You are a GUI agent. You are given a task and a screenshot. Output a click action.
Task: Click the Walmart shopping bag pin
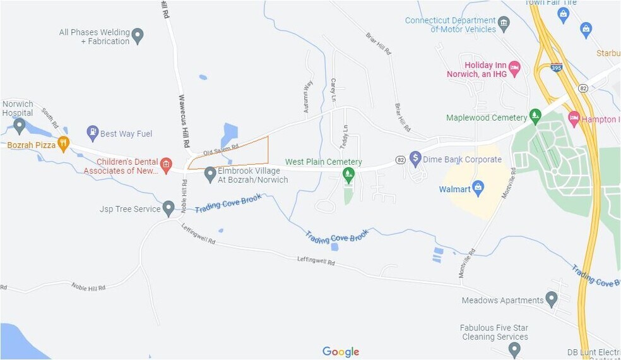pos(478,188)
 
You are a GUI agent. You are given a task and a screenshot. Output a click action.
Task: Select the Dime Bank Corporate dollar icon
pos(415,158)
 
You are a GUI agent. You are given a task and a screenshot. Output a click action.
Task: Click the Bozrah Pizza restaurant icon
pos(63,144)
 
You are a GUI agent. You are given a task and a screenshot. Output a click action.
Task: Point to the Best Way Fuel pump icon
pos(93,133)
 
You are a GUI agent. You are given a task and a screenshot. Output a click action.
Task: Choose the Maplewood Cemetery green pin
pos(535,116)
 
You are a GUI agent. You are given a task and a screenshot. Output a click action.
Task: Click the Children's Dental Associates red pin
pos(165,165)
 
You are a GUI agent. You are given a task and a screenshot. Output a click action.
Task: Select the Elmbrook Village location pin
pos(210,174)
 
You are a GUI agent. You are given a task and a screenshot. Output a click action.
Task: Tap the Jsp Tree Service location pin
pos(169,208)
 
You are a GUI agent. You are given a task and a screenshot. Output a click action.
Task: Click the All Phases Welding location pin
pos(138,35)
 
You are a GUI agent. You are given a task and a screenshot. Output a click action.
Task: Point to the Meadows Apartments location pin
pos(552,299)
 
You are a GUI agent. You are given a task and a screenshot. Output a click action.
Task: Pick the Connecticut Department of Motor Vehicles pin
pos(504,25)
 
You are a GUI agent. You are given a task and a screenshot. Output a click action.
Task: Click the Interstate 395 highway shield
pos(557,68)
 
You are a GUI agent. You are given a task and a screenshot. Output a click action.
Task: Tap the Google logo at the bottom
pos(341,352)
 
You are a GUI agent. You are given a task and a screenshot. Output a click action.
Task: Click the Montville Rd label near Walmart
pos(508,184)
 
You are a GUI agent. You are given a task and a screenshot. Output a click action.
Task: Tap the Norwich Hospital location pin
pos(20,126)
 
